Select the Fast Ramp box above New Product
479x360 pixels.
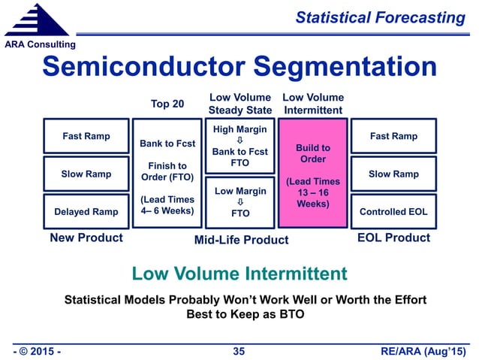[86, 136]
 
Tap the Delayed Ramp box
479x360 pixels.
[86, 211]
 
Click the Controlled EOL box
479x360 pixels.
[394, 211]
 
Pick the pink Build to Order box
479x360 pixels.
[312, 173]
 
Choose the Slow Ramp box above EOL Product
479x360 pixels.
[394, 174]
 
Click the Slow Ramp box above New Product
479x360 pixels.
[86, 174]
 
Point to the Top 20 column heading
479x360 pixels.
[167, 104]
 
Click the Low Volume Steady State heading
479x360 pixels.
[239, 104]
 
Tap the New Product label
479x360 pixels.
[86, 238]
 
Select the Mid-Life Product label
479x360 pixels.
[241, 240]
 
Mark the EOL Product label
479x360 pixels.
[394, 237]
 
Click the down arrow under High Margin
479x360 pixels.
[240, 141]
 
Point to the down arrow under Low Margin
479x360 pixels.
[240, 202]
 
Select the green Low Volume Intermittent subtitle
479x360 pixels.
[239, 273]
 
